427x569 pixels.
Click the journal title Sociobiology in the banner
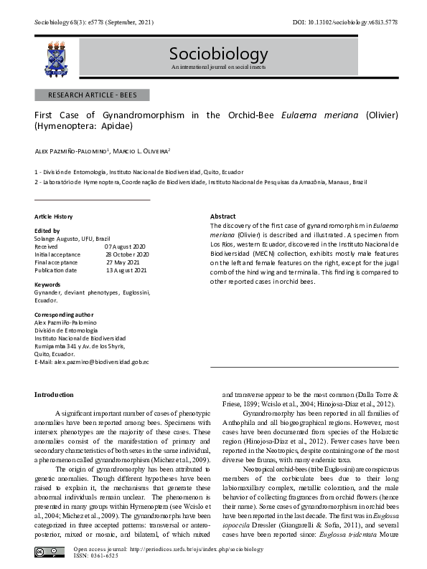coord(218,54)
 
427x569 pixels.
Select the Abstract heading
coord(222,216)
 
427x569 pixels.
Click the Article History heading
coord(54,216)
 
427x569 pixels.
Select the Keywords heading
coord(47,284)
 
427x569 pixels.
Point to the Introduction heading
coord(55,395)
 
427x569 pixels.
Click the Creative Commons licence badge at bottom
coord(48,551)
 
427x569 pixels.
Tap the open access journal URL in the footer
coord(171,548)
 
